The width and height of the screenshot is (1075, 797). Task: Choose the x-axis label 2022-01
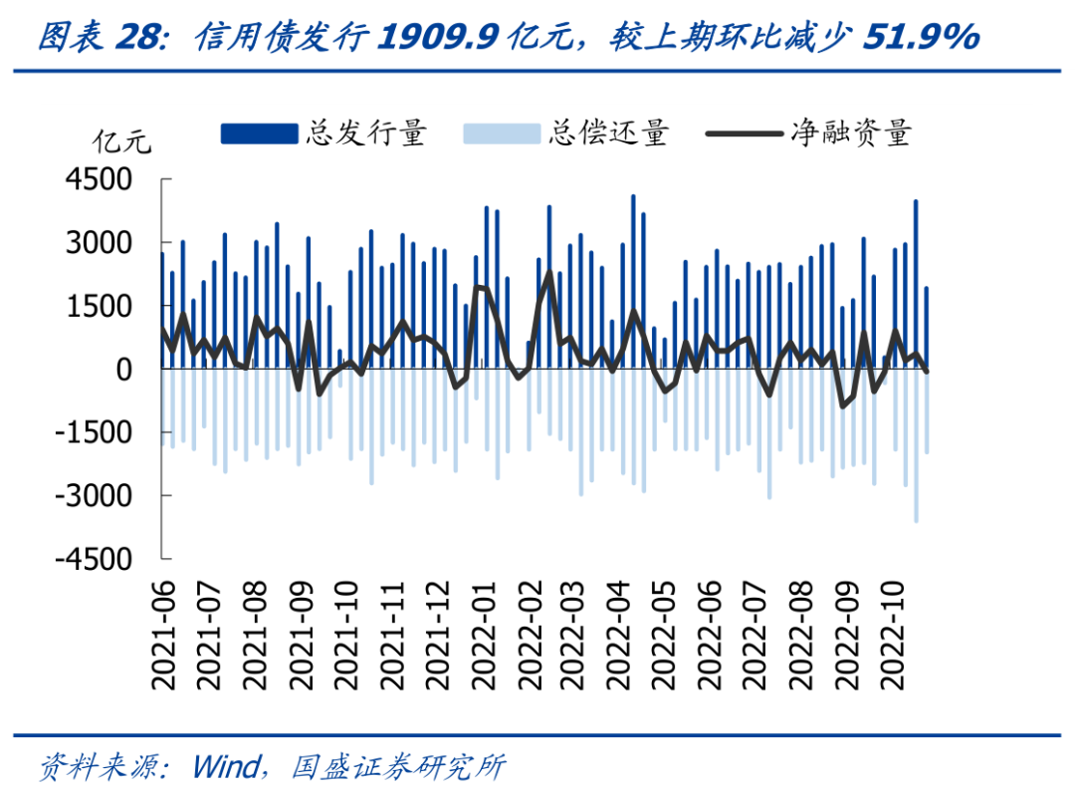click(485, 637)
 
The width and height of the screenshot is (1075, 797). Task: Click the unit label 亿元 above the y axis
click(121, 140)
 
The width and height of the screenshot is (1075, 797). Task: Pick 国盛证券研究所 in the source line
click(398, 766)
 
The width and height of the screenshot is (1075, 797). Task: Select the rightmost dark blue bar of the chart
click(927, 328)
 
